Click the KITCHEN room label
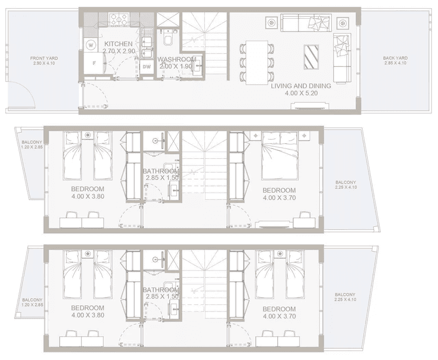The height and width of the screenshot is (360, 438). coord(119,44)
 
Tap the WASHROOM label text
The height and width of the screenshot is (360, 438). coord(176,59)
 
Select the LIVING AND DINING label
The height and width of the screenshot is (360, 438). coord(301,86)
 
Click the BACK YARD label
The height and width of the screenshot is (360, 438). coord(395,58)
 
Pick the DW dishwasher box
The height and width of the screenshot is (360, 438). coord(147,67)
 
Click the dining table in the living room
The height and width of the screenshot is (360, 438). coord(256,56)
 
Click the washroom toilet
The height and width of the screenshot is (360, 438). coord(167,39)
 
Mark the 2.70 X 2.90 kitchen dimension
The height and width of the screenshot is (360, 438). coord(119,51)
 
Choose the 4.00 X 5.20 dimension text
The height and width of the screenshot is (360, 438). coord(301,93)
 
